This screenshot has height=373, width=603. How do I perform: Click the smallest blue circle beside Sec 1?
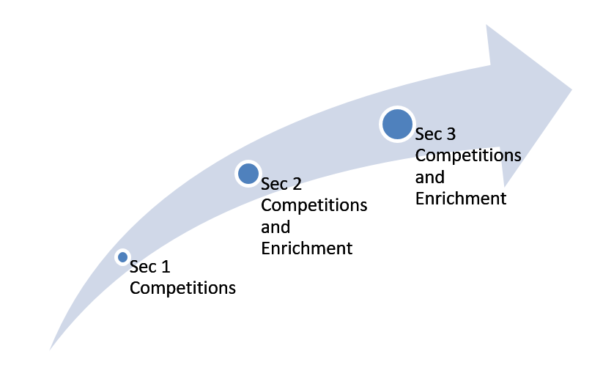tap(122, 257)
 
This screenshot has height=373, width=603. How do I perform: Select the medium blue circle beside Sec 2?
tap(248, 174)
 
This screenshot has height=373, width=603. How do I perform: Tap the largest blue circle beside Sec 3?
tap(397, 124)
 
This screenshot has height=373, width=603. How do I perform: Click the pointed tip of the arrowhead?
tap(571, 90)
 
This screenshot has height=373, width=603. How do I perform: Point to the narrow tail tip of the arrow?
tap(50, 350)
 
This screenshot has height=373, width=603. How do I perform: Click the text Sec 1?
tap(150, 267)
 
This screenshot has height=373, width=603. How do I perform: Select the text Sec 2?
tap(281, 184)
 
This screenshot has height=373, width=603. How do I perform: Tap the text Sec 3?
tap(435, 134)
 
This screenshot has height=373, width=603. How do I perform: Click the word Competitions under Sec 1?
tap(182, 289)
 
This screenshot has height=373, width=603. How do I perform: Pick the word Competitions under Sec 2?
tap(314, 206)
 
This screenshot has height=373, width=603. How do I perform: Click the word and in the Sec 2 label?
tap(275, 227)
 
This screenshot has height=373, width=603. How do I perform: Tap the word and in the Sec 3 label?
tap(430, 177)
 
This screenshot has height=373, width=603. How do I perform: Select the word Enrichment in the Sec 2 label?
tap(307, 248)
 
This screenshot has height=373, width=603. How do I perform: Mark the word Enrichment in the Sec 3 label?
tap(461, 199)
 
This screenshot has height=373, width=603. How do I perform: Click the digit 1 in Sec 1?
tap(166, 267)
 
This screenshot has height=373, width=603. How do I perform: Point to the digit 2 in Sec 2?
tap(297, 184)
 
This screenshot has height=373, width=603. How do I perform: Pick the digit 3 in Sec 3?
tap(451, 134)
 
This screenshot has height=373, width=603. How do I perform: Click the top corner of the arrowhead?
tap(487, 25)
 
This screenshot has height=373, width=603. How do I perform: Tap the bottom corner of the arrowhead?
tap(504, 188)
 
